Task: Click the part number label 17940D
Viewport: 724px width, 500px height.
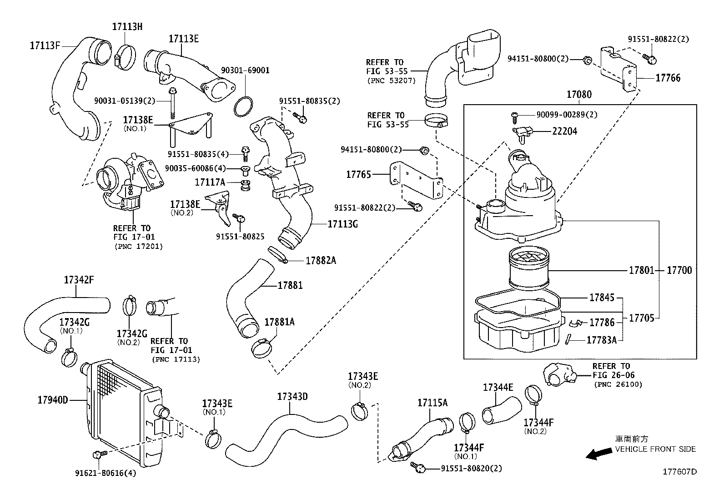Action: coord(53,400)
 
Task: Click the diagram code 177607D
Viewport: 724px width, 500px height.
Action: coord(679,472)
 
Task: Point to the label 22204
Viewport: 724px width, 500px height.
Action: coord(564,131)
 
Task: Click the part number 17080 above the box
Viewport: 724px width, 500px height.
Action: coord(579,95)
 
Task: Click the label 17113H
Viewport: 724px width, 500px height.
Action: coord(127,27)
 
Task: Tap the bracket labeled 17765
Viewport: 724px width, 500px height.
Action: coord(416,180)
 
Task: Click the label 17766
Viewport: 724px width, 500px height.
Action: coord(668,78)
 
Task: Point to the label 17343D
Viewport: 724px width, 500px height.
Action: coord(292,396)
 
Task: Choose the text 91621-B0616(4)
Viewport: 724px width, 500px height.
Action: coord(106,473)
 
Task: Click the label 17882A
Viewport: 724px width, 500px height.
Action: coord(321,261)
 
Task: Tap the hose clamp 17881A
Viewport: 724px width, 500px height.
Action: coord(263,348)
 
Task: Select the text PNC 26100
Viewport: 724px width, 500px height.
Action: coord(618,384)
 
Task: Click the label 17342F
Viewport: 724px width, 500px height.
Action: coord(79,280)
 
